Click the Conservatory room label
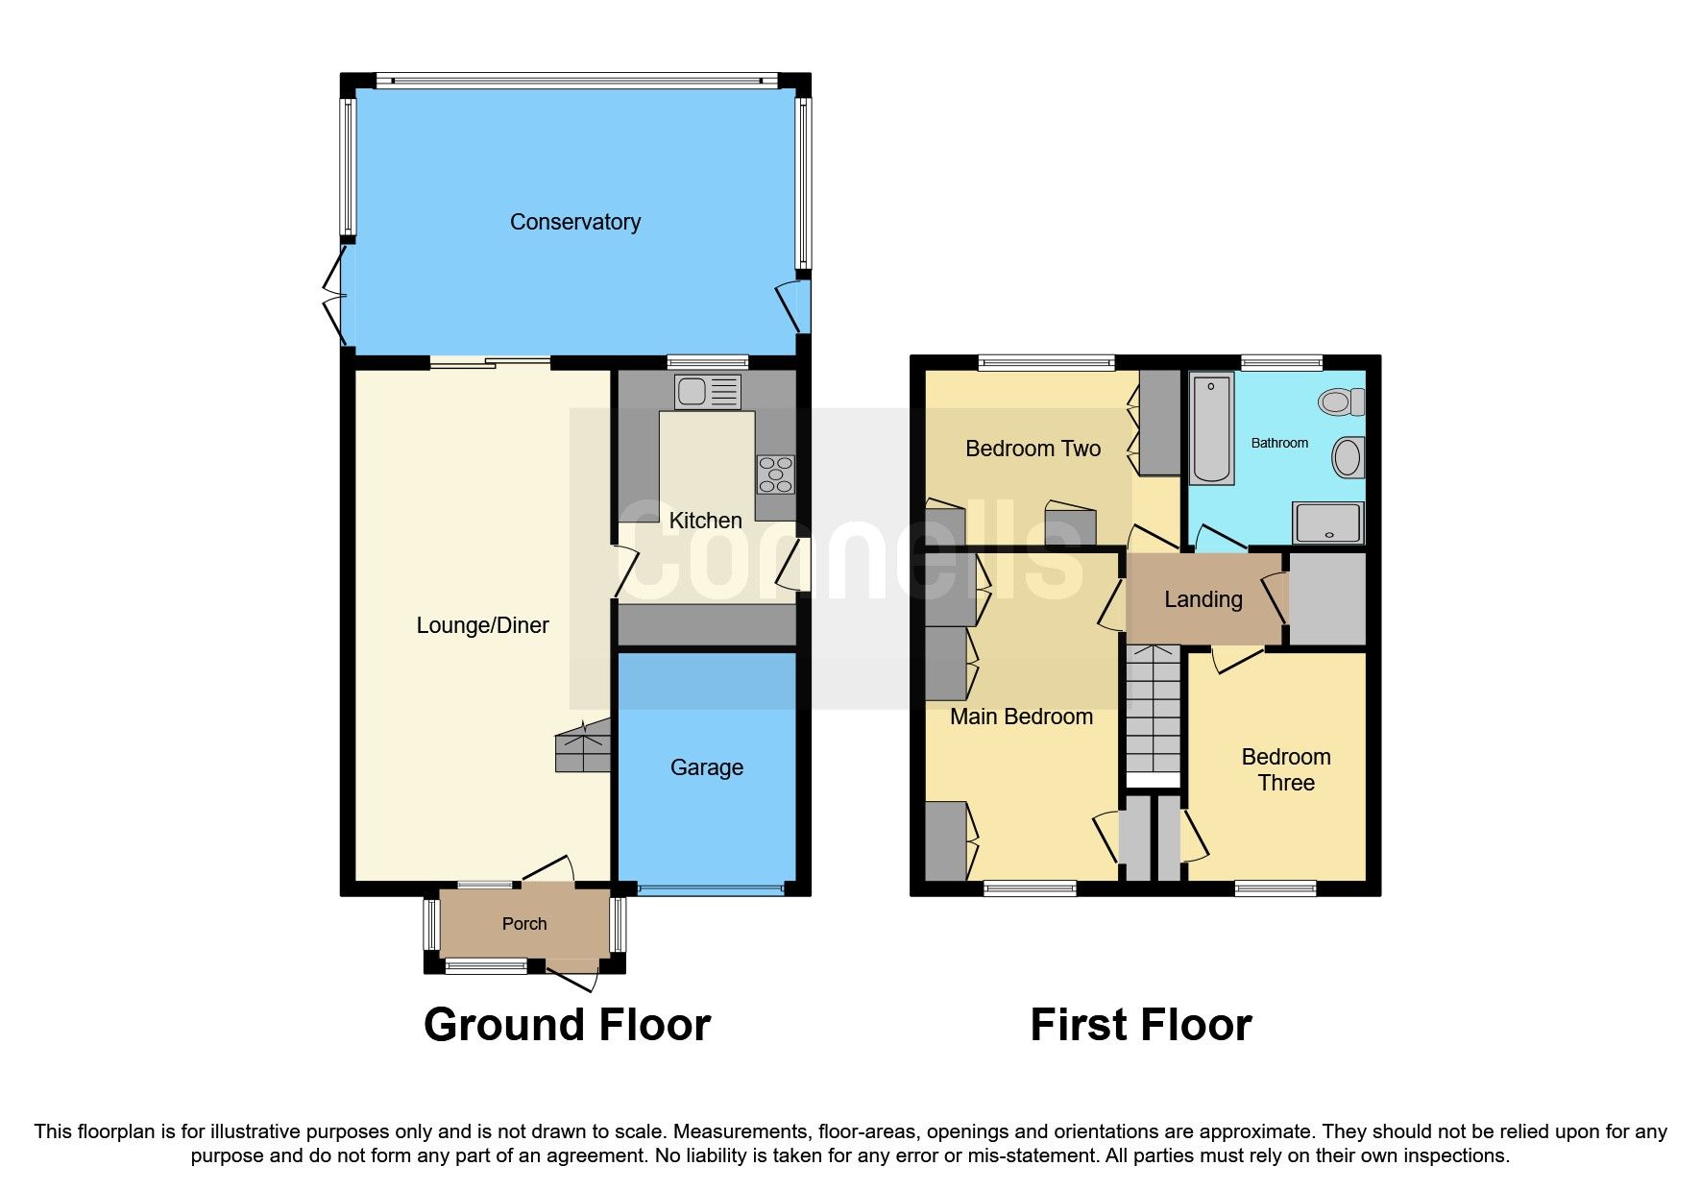coord(574,222)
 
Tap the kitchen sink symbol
coord(707,392)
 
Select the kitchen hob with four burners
coord(775,474)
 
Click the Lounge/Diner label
coord(482,625)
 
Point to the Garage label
coord(706,767)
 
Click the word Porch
coord(524,924)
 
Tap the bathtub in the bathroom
coord(1212,429)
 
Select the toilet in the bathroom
coord(1341,401)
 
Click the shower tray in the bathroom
coord(1328,523)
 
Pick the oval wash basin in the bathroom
coord(1348,457)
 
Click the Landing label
coord(1203,599)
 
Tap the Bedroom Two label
coord(1033,449)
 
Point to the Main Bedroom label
coord(1021,717)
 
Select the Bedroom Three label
coord(1285,769)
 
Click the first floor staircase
coord(1153,711)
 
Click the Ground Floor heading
coord(567,1025)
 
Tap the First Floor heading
coord(1140,1025)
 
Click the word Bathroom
coord(1278,443)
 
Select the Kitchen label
coord(705,521)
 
